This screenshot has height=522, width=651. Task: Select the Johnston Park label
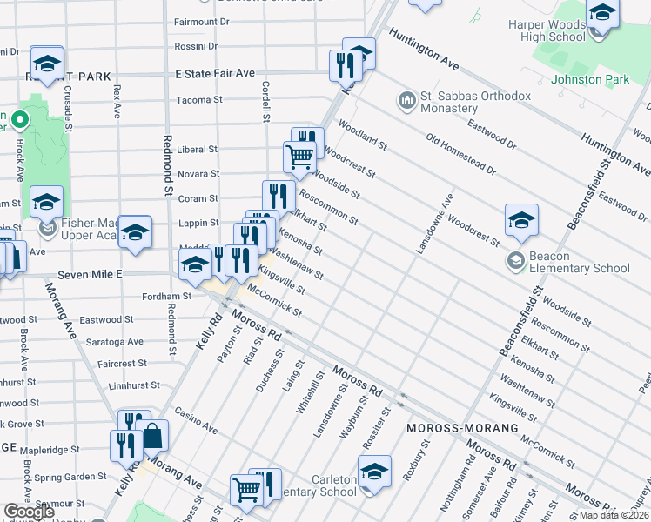[589, 79]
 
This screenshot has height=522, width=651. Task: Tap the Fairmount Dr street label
[201, 21]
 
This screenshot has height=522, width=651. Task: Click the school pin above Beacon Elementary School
[521, 220]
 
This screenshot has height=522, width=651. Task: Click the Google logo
[29, 512]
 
